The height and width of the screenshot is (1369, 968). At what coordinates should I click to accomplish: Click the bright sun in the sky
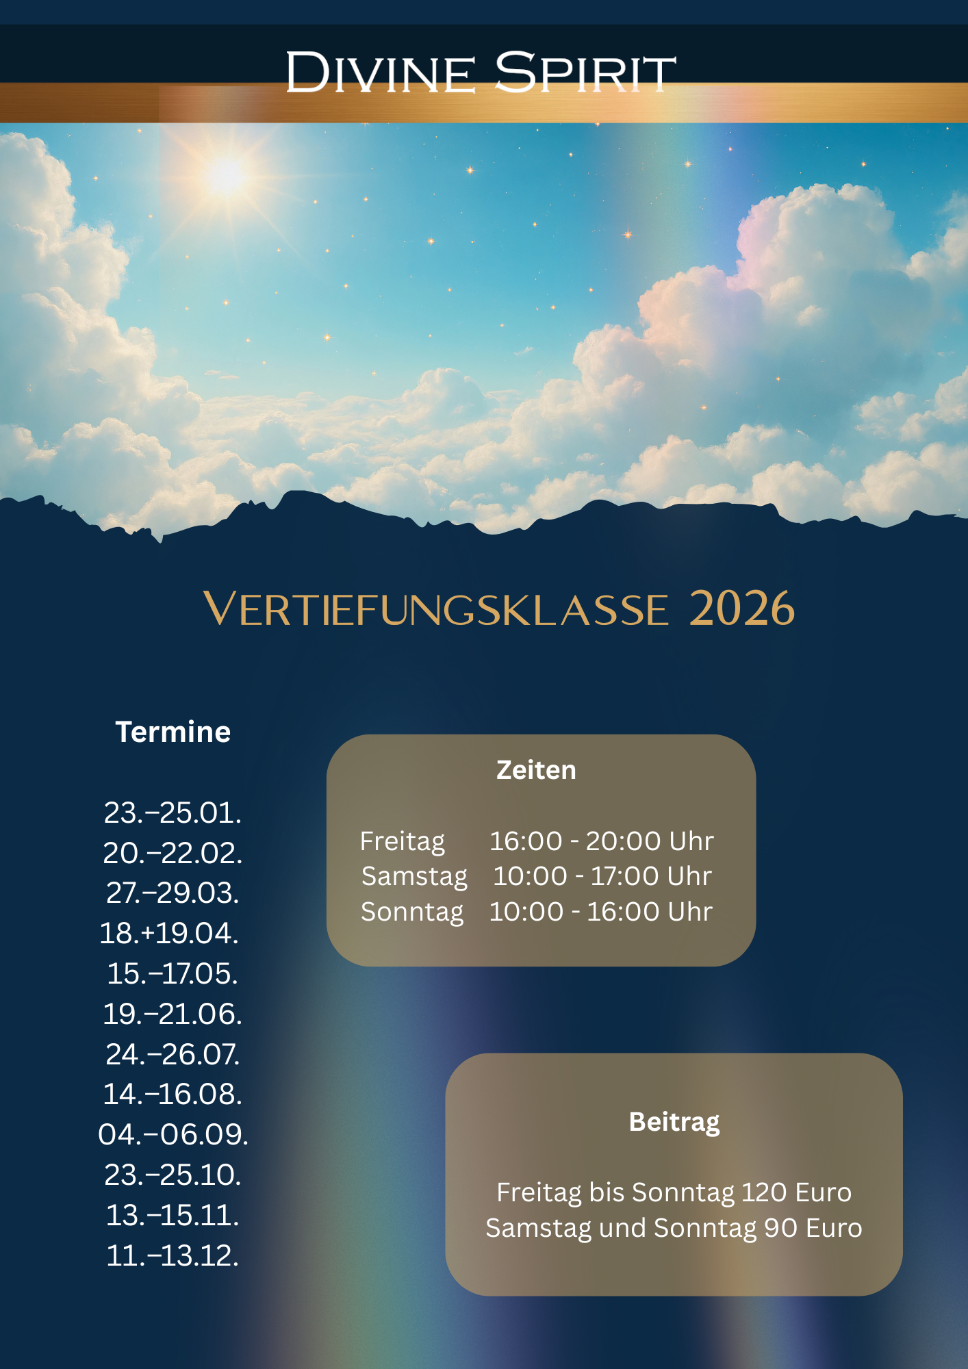pos(227,175)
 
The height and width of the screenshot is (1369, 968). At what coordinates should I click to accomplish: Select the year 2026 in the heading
pos(741,609)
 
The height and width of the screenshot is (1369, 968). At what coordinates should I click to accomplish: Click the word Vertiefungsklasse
pos(436,609)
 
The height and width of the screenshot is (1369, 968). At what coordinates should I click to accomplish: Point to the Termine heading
pos(173,732)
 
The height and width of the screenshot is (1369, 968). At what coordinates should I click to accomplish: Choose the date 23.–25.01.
pos(173,813)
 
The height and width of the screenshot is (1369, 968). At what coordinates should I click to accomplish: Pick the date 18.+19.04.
pos(169,933)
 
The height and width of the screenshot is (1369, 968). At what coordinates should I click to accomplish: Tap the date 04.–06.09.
pos(173,1134)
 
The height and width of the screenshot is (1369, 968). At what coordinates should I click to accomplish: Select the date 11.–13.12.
pos(173,1255)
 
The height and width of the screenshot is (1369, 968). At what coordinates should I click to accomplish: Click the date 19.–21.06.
pos(173,1014)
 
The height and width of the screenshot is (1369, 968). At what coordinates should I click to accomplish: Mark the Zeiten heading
pos(536,770)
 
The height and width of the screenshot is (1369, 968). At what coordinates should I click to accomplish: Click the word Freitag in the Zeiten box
pos(403,841)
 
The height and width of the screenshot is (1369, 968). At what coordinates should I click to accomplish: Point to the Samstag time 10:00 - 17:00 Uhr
pos(602,876)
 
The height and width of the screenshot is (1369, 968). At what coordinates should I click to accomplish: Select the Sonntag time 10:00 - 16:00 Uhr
pos(601,912)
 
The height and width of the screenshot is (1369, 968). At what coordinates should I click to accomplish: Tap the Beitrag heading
pos(674,1123)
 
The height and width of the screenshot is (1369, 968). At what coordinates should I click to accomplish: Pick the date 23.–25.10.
pos(173,1175)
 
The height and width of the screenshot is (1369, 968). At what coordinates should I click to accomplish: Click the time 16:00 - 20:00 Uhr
pos(602,841)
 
